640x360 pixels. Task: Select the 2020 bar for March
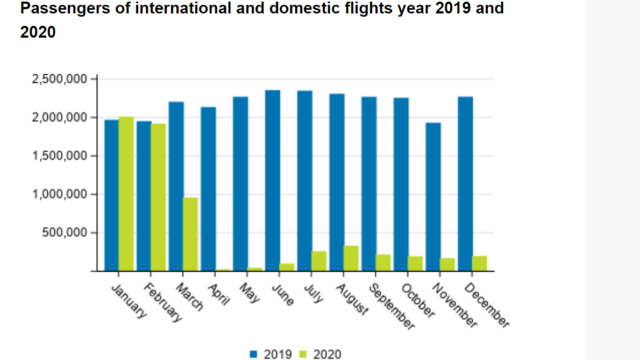[190, 234]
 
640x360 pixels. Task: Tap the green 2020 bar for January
[126, 194]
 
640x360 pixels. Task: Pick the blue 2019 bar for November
[433, 197]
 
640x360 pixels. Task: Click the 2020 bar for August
[351, 258]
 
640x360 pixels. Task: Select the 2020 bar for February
[158, 197]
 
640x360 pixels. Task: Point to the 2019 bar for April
[208, 189]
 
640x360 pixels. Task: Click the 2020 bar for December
[480, 263]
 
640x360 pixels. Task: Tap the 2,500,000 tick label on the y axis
[60, 79]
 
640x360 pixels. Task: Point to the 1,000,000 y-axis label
[60, 194]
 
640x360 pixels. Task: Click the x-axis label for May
[250, 291]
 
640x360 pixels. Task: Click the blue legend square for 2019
[254, 354]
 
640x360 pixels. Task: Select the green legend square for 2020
[303, 354]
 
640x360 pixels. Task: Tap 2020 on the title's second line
[38, 32]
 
